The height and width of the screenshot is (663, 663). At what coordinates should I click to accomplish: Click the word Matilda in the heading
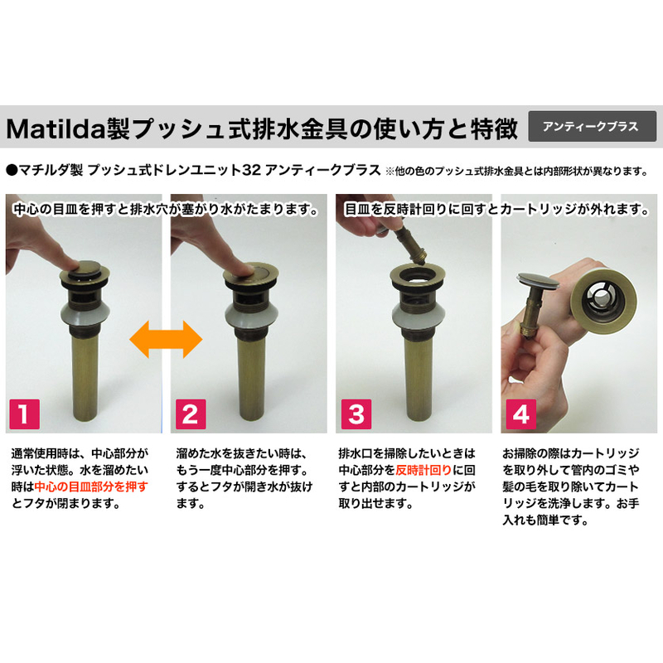tap(56, 128)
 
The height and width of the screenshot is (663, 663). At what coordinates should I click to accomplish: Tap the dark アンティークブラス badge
tap(592, 127)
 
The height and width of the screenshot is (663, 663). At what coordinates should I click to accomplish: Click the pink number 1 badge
tap(25, 414)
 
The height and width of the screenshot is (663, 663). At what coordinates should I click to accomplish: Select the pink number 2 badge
tap(191, 414)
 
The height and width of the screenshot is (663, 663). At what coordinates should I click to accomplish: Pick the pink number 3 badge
tap(356, 414)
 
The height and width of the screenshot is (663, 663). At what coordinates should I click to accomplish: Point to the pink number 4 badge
tap(521, 414)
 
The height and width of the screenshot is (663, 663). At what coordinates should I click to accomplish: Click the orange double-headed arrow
tap(166, 339)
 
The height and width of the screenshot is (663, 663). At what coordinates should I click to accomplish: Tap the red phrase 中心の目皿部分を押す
tap(91, 486)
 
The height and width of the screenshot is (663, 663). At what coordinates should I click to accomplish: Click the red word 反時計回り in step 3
tap(423, 470)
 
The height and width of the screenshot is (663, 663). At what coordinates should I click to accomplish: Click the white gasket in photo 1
tap(85, 314)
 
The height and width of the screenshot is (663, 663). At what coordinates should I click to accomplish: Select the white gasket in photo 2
tap(251, 316)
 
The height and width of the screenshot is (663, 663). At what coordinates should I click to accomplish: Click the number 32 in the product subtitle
tap(252, 171)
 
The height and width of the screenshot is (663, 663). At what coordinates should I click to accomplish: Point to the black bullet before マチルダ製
tap(12, 171)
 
